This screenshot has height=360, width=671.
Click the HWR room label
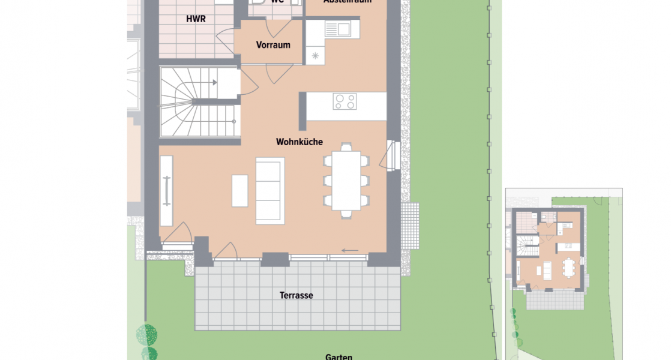196,19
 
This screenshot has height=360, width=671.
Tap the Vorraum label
273,45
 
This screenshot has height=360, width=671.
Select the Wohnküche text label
299,142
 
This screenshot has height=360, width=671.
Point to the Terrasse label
296,295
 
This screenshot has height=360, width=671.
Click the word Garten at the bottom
339,356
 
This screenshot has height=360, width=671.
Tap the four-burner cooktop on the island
345,101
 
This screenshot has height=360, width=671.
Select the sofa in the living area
270,191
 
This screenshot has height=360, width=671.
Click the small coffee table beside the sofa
239,191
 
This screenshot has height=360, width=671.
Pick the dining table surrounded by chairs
346,180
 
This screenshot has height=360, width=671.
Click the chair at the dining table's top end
346,146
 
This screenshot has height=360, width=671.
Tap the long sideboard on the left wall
166,191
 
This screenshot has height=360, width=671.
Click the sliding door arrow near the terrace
350,250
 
